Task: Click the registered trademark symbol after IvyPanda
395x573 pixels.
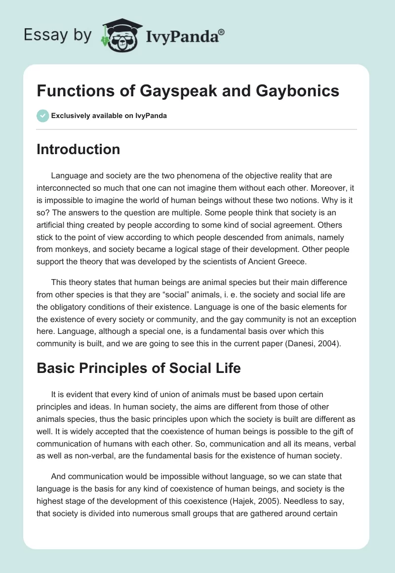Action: coord(222,32)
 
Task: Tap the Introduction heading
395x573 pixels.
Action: coord(78,149)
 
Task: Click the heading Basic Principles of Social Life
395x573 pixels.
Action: coord(139,368)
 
